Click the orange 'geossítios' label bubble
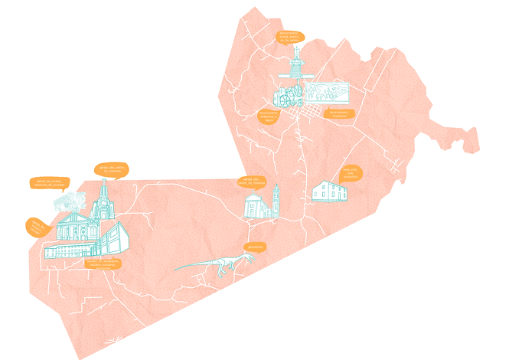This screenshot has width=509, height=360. pos(254,247)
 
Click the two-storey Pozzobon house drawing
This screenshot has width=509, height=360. pos(329,191)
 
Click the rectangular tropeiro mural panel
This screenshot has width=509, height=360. pos(328,93)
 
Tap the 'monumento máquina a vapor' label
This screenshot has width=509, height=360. pos(269,116)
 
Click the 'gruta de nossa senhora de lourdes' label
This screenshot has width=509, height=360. pos(51,182)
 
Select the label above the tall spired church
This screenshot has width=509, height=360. pos(112,169)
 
